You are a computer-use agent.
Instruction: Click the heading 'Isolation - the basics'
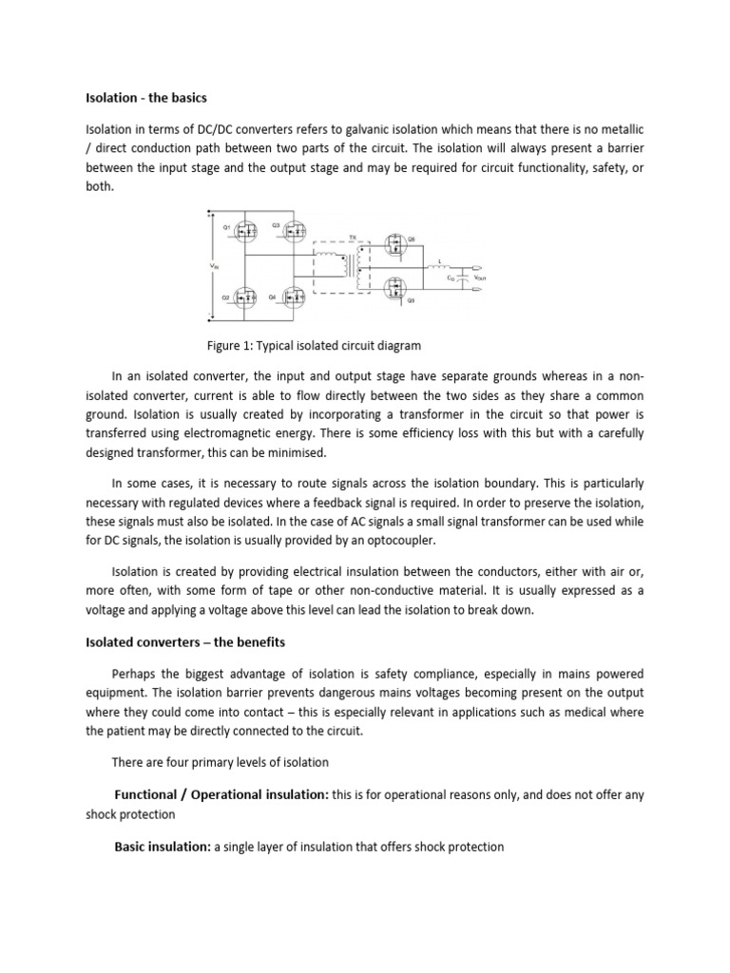click(146, 98)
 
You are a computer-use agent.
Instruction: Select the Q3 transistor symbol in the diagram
click(290, 231)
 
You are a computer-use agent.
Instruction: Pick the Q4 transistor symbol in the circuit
click(290, 298)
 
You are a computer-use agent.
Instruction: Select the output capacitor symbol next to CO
click(463, 276)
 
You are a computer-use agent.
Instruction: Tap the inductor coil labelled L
click(439, 267)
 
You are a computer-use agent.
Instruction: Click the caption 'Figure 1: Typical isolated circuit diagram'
click(313, 346)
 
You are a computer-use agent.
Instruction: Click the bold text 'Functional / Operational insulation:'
click(221, 794)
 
